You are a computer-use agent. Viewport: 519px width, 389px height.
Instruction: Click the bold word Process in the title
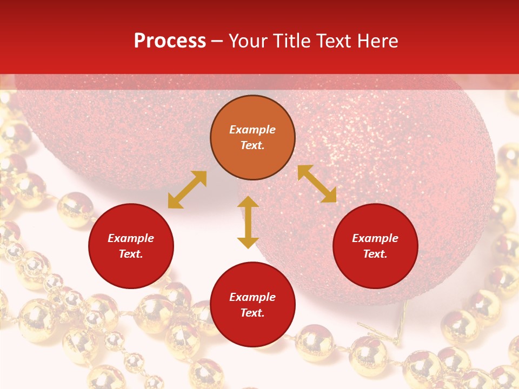pyautogui.click(x=170, y=41)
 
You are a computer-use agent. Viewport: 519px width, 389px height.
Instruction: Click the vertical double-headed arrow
pyautogui.click(x=248, y=222)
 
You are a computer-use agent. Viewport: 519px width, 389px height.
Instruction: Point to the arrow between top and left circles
pyautogui.click(x=187, y=190)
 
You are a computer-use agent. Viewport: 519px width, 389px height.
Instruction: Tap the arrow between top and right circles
pyautogui.click(x=317, y=184)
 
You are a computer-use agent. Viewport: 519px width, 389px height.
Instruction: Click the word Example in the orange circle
pyautogui.click(x=252, y=130)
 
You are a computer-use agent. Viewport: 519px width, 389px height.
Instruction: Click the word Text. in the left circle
pyautogui.click(x=131, y=254)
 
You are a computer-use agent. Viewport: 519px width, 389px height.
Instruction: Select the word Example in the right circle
pyautogui.click(x=375, y=238)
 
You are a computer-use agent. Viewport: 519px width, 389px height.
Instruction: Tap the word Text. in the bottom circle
pyautogui.click(x=252, y=313)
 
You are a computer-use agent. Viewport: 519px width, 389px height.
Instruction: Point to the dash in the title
pyautogui.click(x=217, y=42)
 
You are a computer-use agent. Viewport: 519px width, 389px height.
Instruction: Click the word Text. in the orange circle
pyautogui.click(x=252, y=145)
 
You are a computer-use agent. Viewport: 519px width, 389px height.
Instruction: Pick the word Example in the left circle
pyautogui.click(x=131, y=238)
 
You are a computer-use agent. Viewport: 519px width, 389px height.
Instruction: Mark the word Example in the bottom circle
pyautogui.click(x=252, y=297)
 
